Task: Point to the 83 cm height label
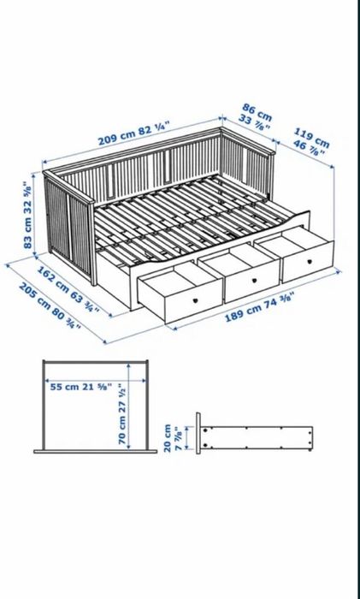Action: coord(29,214)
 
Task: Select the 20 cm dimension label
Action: coord(173,437)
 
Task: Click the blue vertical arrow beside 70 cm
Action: coord(129,402)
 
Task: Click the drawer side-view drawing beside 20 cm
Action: coord(257,436)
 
